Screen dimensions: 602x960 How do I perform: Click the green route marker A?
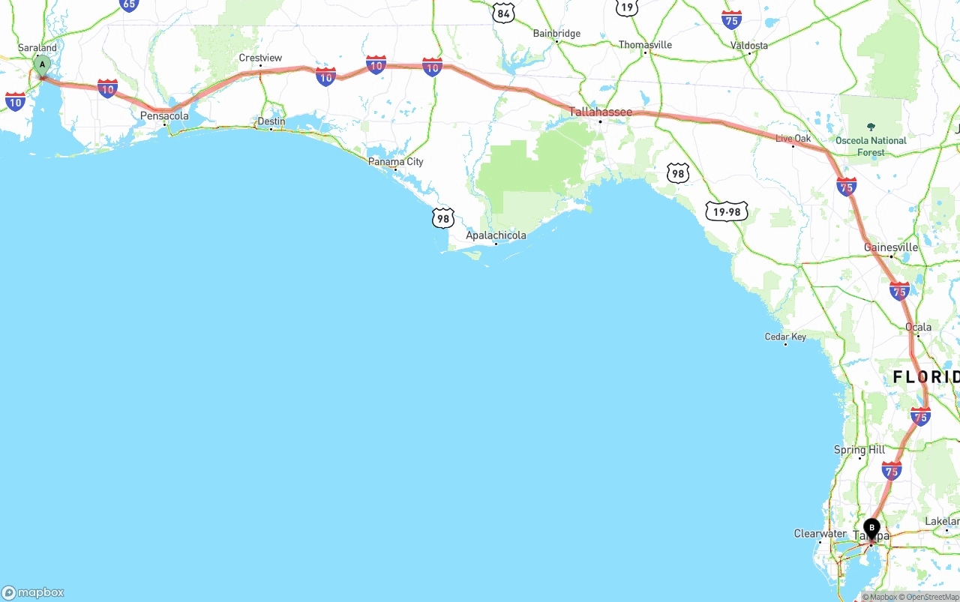click(42, 65)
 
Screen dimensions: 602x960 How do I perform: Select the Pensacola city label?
click(164, 116)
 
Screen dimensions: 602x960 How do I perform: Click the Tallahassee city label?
click(600, 112)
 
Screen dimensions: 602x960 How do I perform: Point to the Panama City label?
click(395, 162)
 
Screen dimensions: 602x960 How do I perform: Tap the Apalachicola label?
click(496, 235)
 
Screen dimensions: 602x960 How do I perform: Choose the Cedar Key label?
click(785, 337)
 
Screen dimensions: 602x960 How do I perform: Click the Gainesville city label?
click(891, 247)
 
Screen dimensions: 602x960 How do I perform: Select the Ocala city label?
click(918, 327)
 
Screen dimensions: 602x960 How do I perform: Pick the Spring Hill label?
click(859, 450)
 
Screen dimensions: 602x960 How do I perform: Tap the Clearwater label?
click(820, 534)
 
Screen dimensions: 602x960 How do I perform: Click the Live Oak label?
click(793, 139)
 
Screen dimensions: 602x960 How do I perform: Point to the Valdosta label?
click(749, 45)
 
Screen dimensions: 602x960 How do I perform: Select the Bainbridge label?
click(556, 34)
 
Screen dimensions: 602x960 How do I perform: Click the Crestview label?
click(260, 58)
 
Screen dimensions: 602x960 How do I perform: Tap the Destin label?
click(271, 121)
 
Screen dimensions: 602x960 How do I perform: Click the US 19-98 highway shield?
click(727, 212)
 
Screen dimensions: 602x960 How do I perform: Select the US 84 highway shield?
click(503, 13)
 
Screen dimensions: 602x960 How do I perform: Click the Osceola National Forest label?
click(871, 145)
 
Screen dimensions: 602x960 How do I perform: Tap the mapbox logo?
click(34, 592)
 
